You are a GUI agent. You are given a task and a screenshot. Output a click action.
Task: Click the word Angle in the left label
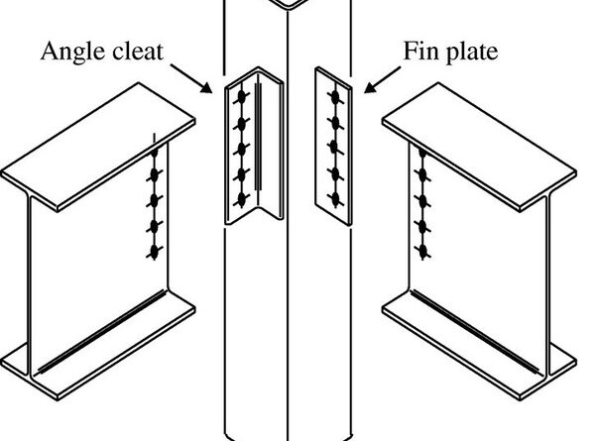(72, 51)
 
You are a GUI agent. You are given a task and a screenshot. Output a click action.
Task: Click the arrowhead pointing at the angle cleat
(209, 90)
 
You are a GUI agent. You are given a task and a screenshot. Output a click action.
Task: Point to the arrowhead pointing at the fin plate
(368, 91)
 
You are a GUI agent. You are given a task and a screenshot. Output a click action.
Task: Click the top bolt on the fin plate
(335, 97)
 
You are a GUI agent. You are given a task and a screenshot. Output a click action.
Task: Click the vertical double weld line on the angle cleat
(258, 139)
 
